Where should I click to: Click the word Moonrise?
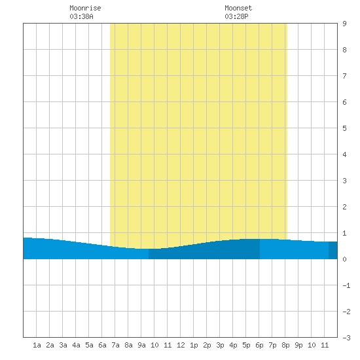tap(85, 8)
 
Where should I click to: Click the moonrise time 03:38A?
tap(82, 16)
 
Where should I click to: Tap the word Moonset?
tap(238, 8)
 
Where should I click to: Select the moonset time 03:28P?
tap(236, 16)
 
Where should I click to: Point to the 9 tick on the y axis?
tap(344, 24)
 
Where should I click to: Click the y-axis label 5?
tap(344, 128)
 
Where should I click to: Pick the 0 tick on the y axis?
tap(344, 259)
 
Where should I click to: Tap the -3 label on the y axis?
tap(346, 338)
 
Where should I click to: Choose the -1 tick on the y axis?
tap(346, 285)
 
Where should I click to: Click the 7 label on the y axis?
tap(344, 76)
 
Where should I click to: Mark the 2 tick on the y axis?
tap(344, 207)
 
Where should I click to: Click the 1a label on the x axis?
tap(37, 345)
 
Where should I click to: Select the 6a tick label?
tap(102, 345)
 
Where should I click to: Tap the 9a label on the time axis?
tap(141, 345)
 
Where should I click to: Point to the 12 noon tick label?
tap(181, 345)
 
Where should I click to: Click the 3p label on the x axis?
tap(220, 345)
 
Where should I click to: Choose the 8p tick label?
tap(285, 345)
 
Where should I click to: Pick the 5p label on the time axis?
tap(246, 345)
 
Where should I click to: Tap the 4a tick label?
tap(76, 345)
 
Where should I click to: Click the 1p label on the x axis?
tap(194, 345)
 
